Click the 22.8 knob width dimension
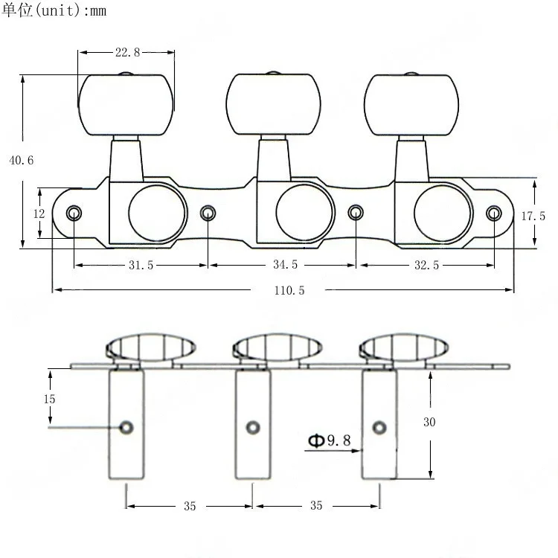(127, 53)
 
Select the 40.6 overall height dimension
(20, 160)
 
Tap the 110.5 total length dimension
(289, 290)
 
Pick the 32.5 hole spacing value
(425, 265)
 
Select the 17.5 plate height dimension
(533, 217)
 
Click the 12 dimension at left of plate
(39, 214)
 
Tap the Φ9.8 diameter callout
(328, 440)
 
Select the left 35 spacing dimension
(189, 506)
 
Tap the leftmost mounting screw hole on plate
(74, 214)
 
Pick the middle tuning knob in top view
(274, 105)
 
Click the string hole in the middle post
(253, 427)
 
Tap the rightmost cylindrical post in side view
(379, 424)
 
